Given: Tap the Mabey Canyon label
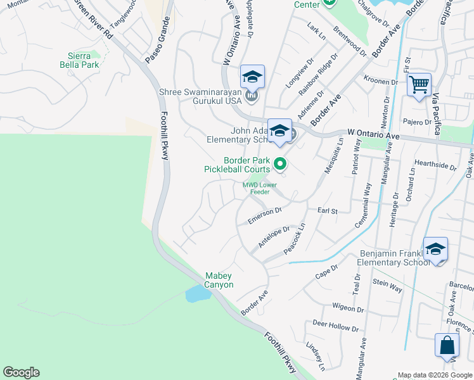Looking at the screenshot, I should (219, 280).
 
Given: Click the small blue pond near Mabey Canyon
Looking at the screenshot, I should (197, 293).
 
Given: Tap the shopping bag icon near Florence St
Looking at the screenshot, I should (447, 345).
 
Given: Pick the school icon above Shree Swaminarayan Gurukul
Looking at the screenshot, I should (252, 77).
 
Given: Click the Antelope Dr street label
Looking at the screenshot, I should (274, 237).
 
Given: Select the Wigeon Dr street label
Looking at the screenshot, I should (348, 308).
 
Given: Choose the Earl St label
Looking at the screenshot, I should (327, 210).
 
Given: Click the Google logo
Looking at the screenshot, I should (21, 372).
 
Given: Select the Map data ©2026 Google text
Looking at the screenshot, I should (434, 374).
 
